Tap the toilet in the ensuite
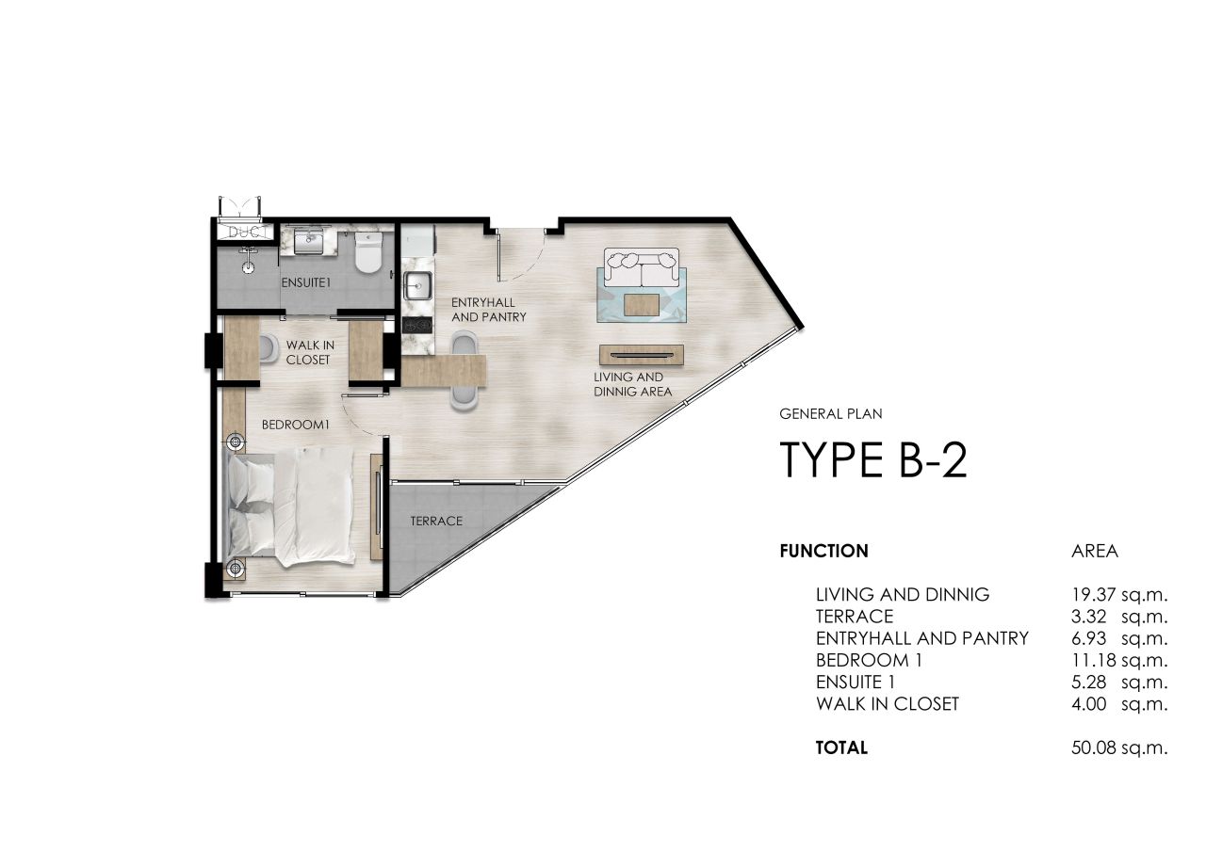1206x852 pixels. coord(367,253)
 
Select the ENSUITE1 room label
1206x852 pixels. coord(305,281)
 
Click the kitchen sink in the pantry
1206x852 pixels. coord(416,284)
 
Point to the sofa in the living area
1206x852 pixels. coord(642,267)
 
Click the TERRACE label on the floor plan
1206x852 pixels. coord(436,521)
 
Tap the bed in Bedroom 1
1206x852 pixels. coord(292,508)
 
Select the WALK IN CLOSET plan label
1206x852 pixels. coord(310,352)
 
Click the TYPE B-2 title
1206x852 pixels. coord(873,460)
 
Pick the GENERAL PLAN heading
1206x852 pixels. coord(830,412)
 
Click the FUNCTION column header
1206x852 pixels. coord(823,552)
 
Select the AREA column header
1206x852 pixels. coord(1095,552)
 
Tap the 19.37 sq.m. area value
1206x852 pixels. coord(1114,594)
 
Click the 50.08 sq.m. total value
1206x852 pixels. coord(1114,748)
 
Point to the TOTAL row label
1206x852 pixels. coord(841,748)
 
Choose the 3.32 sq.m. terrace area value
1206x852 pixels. coord(1114,617)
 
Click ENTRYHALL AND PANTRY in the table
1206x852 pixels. coord(921,638)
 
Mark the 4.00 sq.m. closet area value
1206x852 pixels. coord(1114,703)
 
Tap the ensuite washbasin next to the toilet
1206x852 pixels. coord(309,243)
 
